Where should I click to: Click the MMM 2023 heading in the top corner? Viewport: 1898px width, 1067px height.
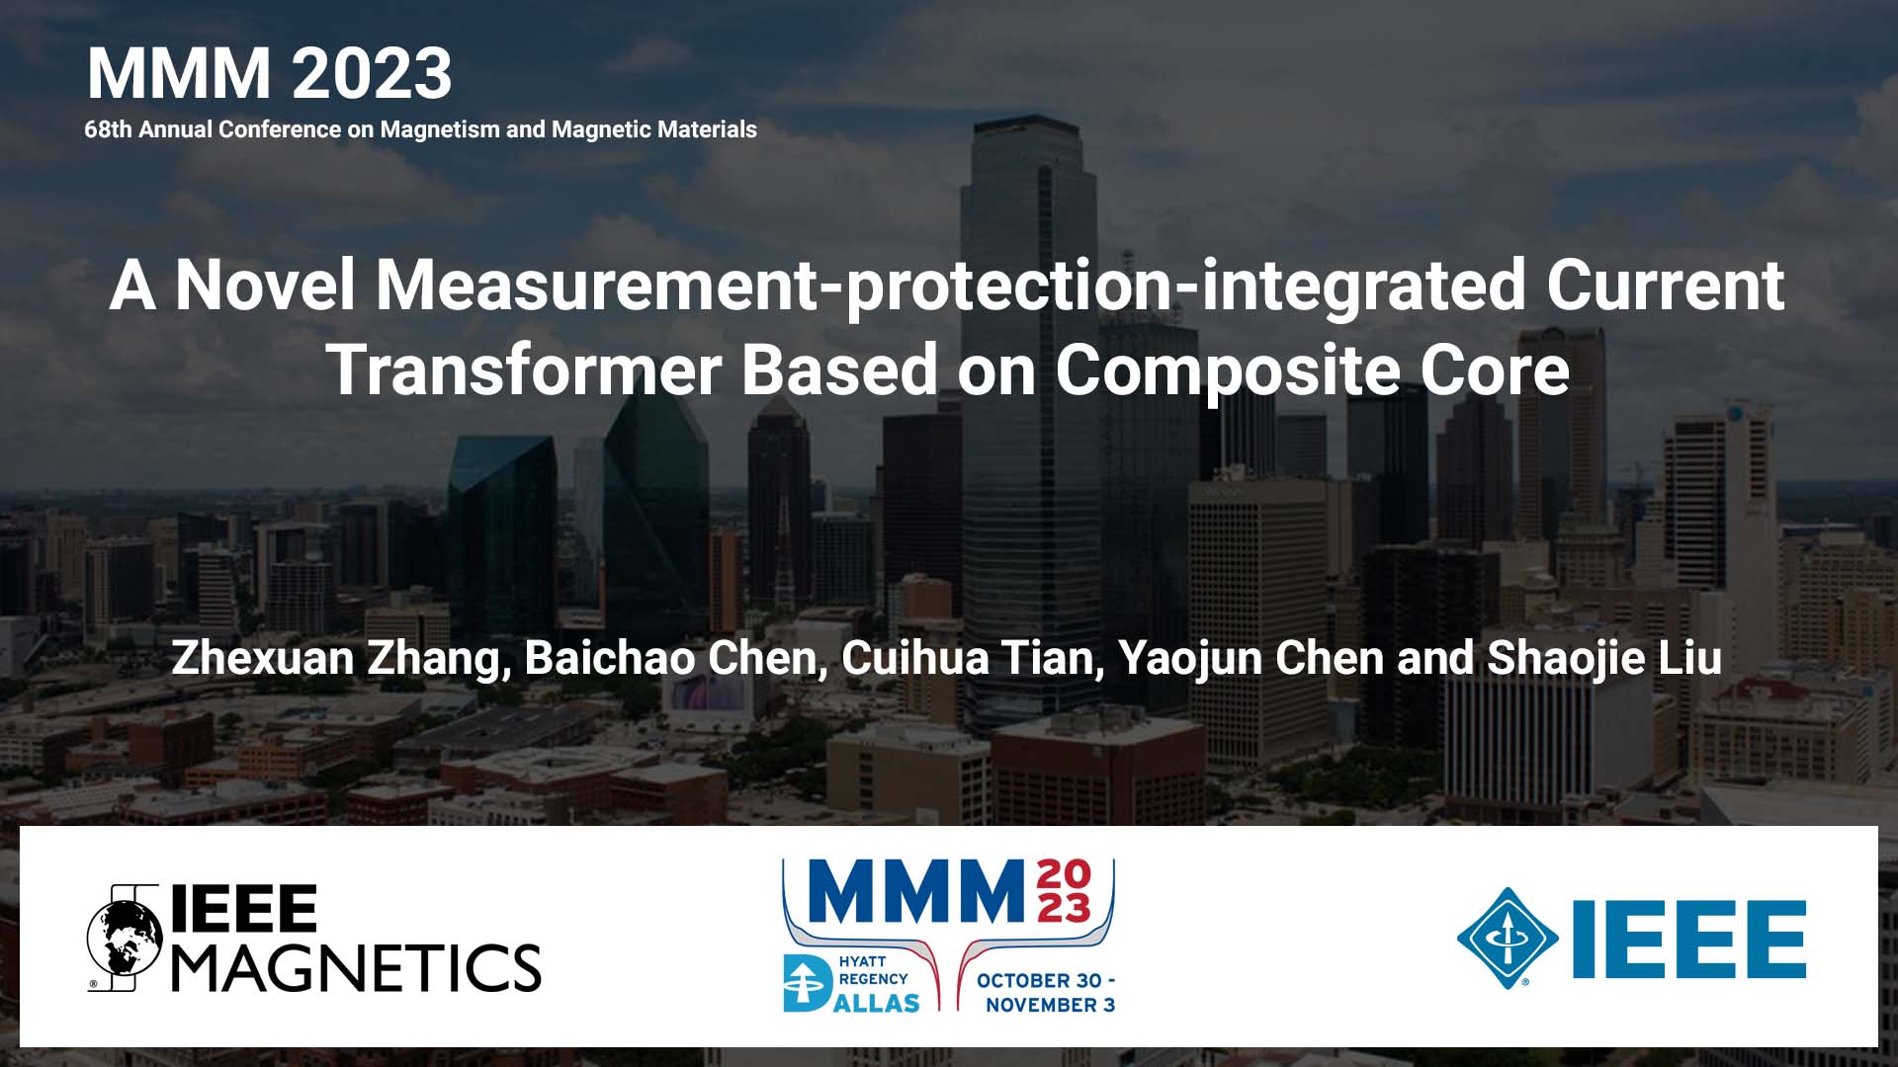[x=269, y=73]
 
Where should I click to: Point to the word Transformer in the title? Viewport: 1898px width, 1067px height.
[x=524, y=370]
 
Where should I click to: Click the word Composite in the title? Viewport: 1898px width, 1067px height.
[x=1227, y=370]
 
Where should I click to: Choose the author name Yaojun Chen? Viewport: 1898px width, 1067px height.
[x=1251, y=658]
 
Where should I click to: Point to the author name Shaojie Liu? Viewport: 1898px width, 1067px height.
[x=1604, y=658]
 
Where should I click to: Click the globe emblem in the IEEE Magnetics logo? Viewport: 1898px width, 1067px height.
[x=125, y=939]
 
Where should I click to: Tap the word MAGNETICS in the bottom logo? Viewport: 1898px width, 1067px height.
[x=356, y=967]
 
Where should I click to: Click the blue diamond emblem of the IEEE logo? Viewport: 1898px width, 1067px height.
[x=1507, y=939]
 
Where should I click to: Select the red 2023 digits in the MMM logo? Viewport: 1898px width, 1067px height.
[x=1064, y=891]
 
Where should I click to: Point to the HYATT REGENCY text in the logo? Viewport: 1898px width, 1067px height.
[x=872, y=970]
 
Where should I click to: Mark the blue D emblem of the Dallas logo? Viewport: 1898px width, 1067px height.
[x=806, y=984]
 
